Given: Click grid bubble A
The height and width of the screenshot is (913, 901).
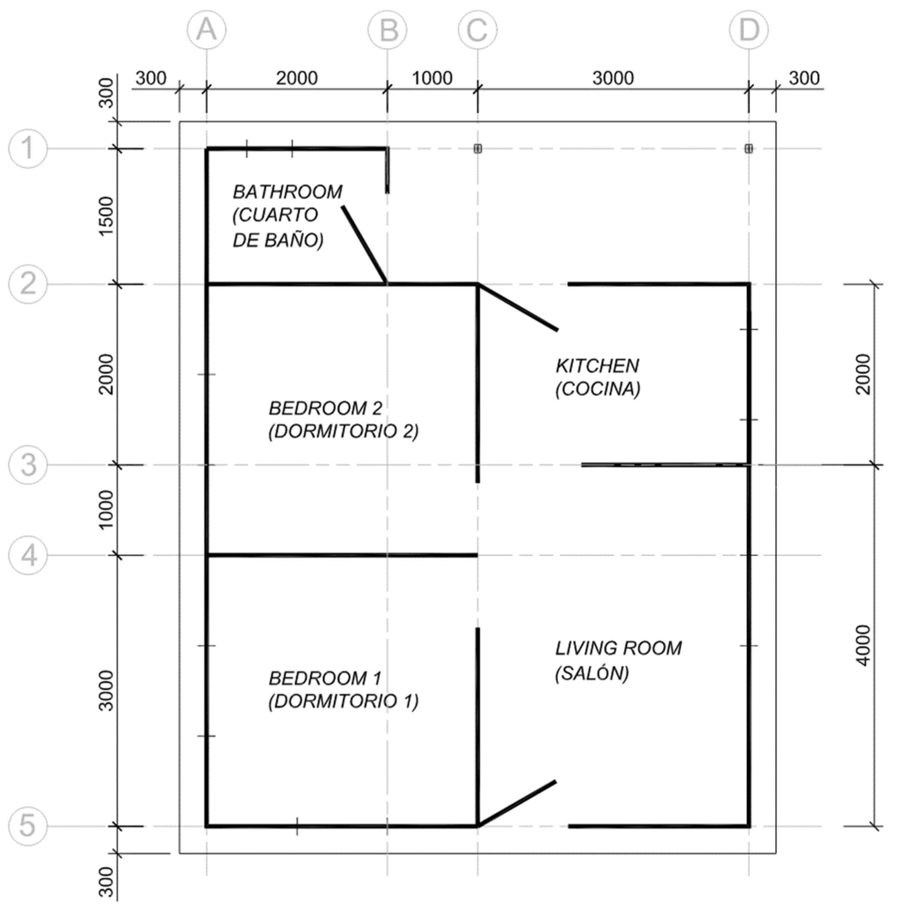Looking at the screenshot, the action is (x=206, y=30).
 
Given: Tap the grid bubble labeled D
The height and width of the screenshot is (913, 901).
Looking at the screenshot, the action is (x=748, y=30).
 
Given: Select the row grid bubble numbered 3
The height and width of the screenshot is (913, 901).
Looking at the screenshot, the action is (x=28, y=465).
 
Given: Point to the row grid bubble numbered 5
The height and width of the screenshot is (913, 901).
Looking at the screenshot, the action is (x=28, y=826).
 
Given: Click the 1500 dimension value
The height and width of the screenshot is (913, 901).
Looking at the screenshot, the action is (x=107, y=216).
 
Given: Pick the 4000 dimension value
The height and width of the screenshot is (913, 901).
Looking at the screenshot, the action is (x=863, y=645).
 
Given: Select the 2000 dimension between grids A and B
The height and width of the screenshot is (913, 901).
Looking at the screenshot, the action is (x=297, y=78).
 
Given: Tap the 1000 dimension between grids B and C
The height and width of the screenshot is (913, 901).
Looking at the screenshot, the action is (x=432, y=78).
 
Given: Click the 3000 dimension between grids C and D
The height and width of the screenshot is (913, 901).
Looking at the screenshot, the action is (x=613, y=78).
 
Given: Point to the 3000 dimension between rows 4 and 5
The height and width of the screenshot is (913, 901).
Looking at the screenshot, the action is (x=107, y=690).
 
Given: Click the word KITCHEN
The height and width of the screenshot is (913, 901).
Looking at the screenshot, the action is (x=597, y=366).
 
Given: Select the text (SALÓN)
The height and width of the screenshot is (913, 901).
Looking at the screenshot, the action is (x=592, y=673).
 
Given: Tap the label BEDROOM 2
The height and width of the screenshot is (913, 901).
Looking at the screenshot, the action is (x=325, y=408).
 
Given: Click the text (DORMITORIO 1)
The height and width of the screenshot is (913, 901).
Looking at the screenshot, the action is (x=344, y=702).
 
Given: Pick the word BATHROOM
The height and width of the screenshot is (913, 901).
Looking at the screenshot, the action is (x=287, y=192).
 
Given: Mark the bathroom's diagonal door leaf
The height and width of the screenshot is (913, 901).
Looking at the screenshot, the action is (x=365, y=245).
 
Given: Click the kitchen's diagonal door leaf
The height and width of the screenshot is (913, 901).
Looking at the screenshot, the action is (x=518, y=307).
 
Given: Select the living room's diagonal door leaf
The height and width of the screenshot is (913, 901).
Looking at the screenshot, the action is (x=517, y=803).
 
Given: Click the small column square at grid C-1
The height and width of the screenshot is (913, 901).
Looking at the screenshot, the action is (x=477, y=149).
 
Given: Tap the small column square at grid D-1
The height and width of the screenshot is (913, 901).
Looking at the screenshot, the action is (x=748, y=149).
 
